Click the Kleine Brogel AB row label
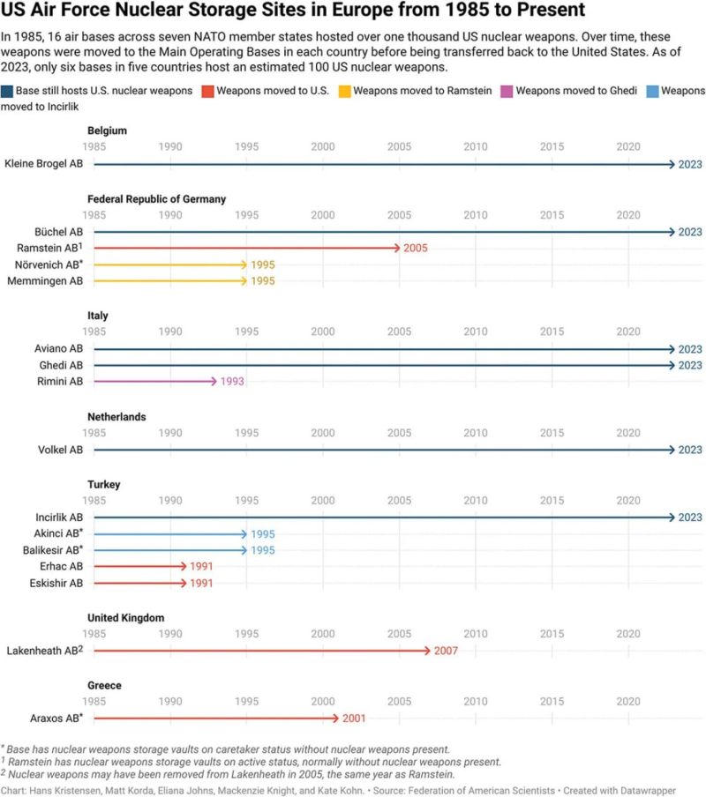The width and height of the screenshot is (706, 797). [43, 164]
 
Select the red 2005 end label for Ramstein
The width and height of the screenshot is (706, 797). [416, 248]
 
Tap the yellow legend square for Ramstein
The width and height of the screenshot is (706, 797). [345, 91]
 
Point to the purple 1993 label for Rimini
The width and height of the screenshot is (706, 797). [233, 382]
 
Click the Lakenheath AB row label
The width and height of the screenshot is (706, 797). [44, 651]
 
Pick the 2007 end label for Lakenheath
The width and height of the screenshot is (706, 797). [447, 651]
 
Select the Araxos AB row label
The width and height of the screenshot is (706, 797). [56, 718]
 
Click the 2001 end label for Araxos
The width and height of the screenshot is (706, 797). [355, 718]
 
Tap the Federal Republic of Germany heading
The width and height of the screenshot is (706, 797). [157, 199]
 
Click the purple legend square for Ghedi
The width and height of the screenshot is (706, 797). [507, 91]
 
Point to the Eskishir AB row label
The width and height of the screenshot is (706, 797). [56, 583]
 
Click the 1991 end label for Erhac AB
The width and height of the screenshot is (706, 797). [202, 566]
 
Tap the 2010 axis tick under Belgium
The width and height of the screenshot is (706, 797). [476, 146]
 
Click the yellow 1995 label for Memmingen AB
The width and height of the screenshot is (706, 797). [263, 281]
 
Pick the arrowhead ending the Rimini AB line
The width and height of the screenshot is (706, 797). [214, 382]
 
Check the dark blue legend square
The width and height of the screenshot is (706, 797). [7, 91]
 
